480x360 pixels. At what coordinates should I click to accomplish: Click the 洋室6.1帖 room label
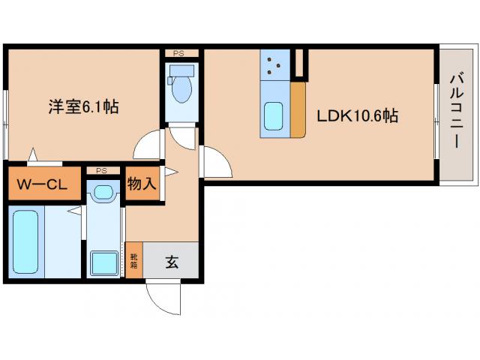point(79,107)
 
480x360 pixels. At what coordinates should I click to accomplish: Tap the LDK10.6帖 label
point(356,116)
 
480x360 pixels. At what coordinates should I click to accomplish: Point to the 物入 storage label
point(141,184)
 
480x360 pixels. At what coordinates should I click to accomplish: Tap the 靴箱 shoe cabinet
point(133,260)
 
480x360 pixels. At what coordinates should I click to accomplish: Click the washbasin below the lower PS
point(102,193)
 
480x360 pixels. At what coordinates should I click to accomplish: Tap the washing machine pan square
point(103,263)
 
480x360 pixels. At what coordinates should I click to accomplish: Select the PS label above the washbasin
point(101,171)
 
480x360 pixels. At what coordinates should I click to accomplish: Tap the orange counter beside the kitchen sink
point(298,109)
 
